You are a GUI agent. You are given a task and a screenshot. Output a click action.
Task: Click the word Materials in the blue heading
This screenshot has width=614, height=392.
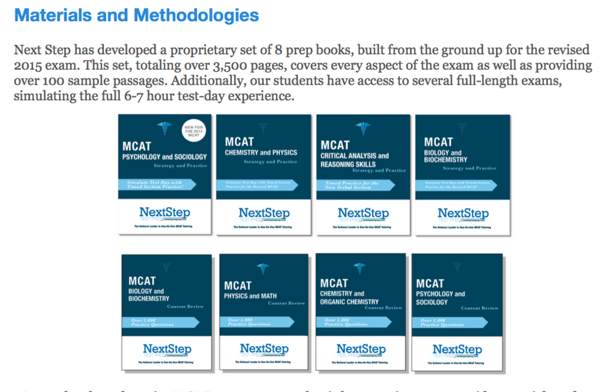click(x=52, y=15)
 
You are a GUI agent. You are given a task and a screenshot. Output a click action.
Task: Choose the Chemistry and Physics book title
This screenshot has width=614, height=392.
click(x=261, y=152)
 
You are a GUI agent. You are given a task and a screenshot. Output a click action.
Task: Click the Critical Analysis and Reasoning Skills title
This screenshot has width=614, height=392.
click(x=355, y=160)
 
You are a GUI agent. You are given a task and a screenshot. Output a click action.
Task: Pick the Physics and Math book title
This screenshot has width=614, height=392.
click(x=251, y=296)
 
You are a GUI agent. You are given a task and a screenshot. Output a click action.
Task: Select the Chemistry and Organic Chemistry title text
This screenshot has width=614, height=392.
click(x=349, y=298)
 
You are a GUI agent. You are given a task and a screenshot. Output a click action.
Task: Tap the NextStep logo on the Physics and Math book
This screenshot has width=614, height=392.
click(x=264, y=349)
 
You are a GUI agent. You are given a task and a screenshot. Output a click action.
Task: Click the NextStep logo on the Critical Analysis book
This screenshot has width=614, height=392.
click(x=363, y=213)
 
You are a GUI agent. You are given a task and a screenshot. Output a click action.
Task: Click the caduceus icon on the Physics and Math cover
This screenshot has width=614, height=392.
click(x=262, y=268)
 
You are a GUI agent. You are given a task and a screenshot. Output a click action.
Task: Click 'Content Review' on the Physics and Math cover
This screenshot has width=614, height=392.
click(x=286, y=303)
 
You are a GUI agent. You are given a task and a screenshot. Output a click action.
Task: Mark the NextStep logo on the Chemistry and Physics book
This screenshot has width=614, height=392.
click(x=264, y=213)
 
